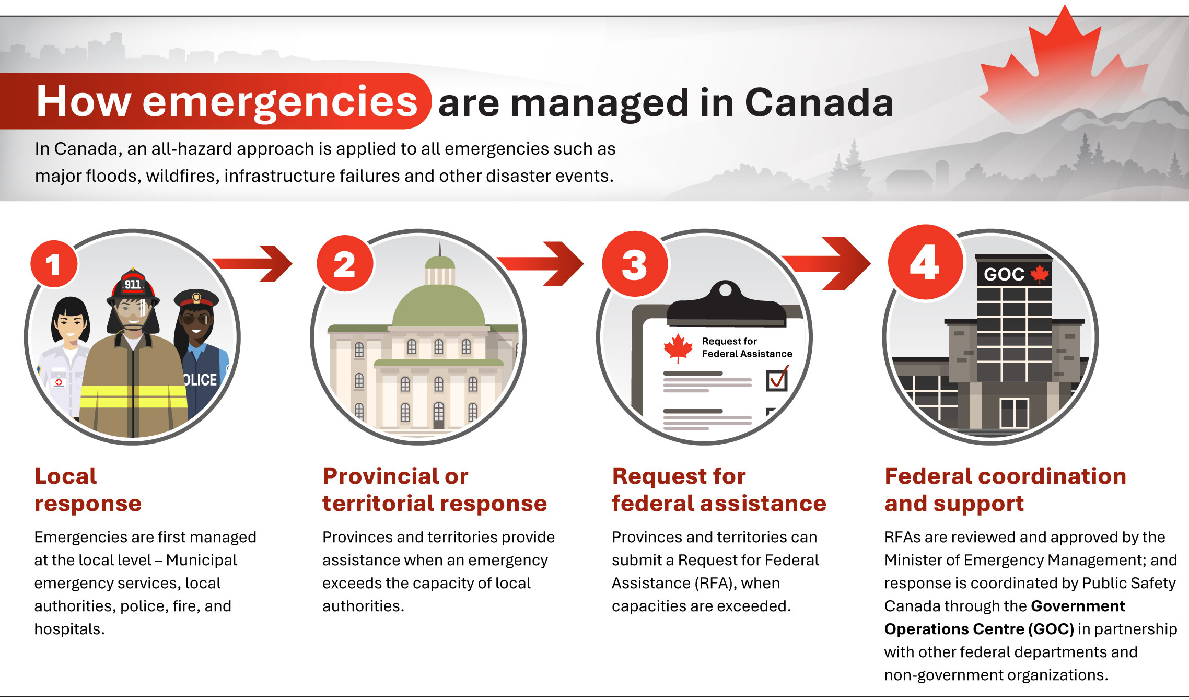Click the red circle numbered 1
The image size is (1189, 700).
point(54,264)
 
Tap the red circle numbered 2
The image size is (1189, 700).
point(345,263)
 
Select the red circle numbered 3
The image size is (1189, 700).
point(635,264)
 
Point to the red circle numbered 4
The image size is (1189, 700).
point(925,262)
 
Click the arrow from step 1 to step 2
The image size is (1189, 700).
point(253,263)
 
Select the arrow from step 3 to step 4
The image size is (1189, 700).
point(826,263)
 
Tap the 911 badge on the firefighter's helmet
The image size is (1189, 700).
point(133,284)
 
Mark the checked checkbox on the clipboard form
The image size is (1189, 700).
point(777,379)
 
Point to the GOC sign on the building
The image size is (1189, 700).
point(1014,273)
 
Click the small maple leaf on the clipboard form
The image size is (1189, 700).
point(678,347)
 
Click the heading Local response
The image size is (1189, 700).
point(88,489)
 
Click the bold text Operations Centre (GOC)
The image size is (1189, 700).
point(979,629)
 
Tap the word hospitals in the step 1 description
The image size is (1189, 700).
point(69,629)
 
